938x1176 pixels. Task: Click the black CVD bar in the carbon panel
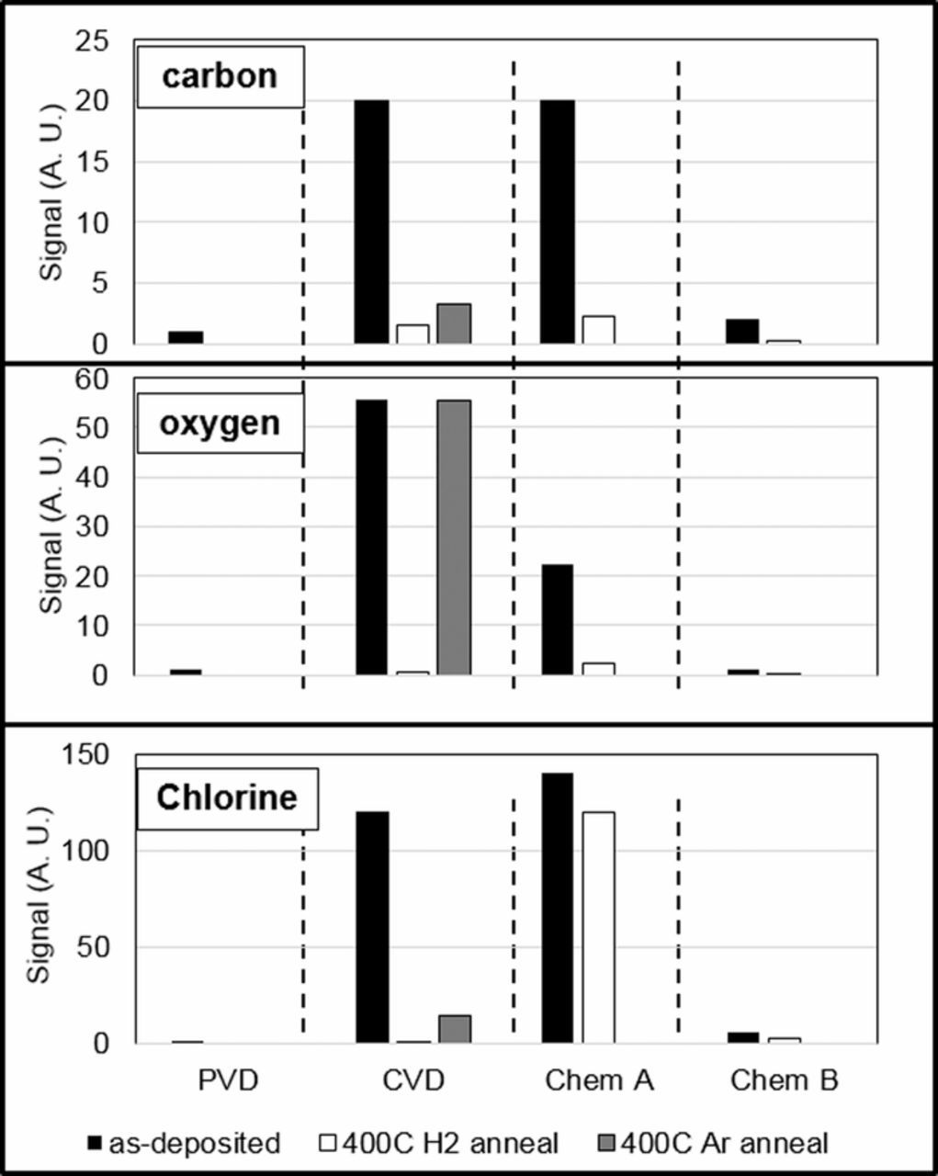[371, 221]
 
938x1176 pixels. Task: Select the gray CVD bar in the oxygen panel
[454, 537]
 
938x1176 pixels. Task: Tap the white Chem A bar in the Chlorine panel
[598, 927]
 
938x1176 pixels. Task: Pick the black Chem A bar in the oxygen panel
[557, 620]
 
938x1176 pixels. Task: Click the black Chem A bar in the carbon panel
[557, 221]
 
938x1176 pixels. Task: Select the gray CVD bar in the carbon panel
[454, 324]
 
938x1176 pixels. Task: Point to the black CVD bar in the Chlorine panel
[371, 927]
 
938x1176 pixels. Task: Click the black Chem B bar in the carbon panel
[742, 332]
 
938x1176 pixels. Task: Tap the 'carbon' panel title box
[220, 76]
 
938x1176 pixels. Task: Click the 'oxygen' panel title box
[220, 424]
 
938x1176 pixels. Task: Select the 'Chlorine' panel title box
[227, 797]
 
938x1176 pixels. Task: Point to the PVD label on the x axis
[229, 1080]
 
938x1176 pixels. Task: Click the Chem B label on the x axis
[785, 1080]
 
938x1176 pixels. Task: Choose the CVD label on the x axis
[413, 1080]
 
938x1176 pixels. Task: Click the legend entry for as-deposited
[183, 1143]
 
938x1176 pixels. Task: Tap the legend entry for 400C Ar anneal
[715, 1143]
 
